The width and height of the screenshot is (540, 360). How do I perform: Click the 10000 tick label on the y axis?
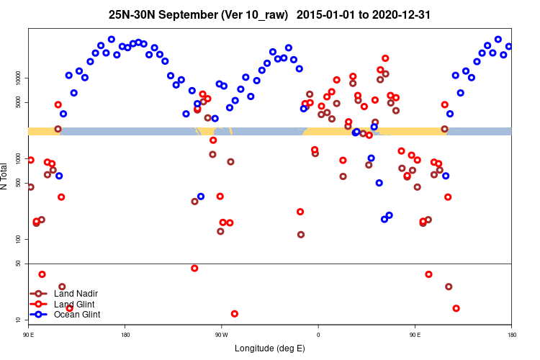coord(19,78)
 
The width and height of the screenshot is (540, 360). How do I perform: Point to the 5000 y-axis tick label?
coord(19,102)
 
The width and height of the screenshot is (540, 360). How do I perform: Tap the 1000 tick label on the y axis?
coord(19,158)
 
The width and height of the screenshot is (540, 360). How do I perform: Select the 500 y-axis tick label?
coord(19,183)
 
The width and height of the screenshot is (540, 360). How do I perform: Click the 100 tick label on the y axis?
coord(19,239)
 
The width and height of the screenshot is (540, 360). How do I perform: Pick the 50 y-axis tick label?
coord(19,264)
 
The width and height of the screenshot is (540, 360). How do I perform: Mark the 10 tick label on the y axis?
coord(19,320)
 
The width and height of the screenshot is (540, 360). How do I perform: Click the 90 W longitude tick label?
coord(221,334)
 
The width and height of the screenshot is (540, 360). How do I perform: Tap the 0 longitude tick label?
coord(318,334)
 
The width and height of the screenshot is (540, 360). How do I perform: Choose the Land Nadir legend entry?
coord(76,294)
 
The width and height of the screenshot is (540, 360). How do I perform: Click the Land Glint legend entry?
coord(74,305)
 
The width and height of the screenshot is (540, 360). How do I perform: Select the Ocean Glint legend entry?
coord(77,315)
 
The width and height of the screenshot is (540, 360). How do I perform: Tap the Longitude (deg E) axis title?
coord(270,348)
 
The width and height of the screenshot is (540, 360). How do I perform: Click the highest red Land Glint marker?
coord(385,58)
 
